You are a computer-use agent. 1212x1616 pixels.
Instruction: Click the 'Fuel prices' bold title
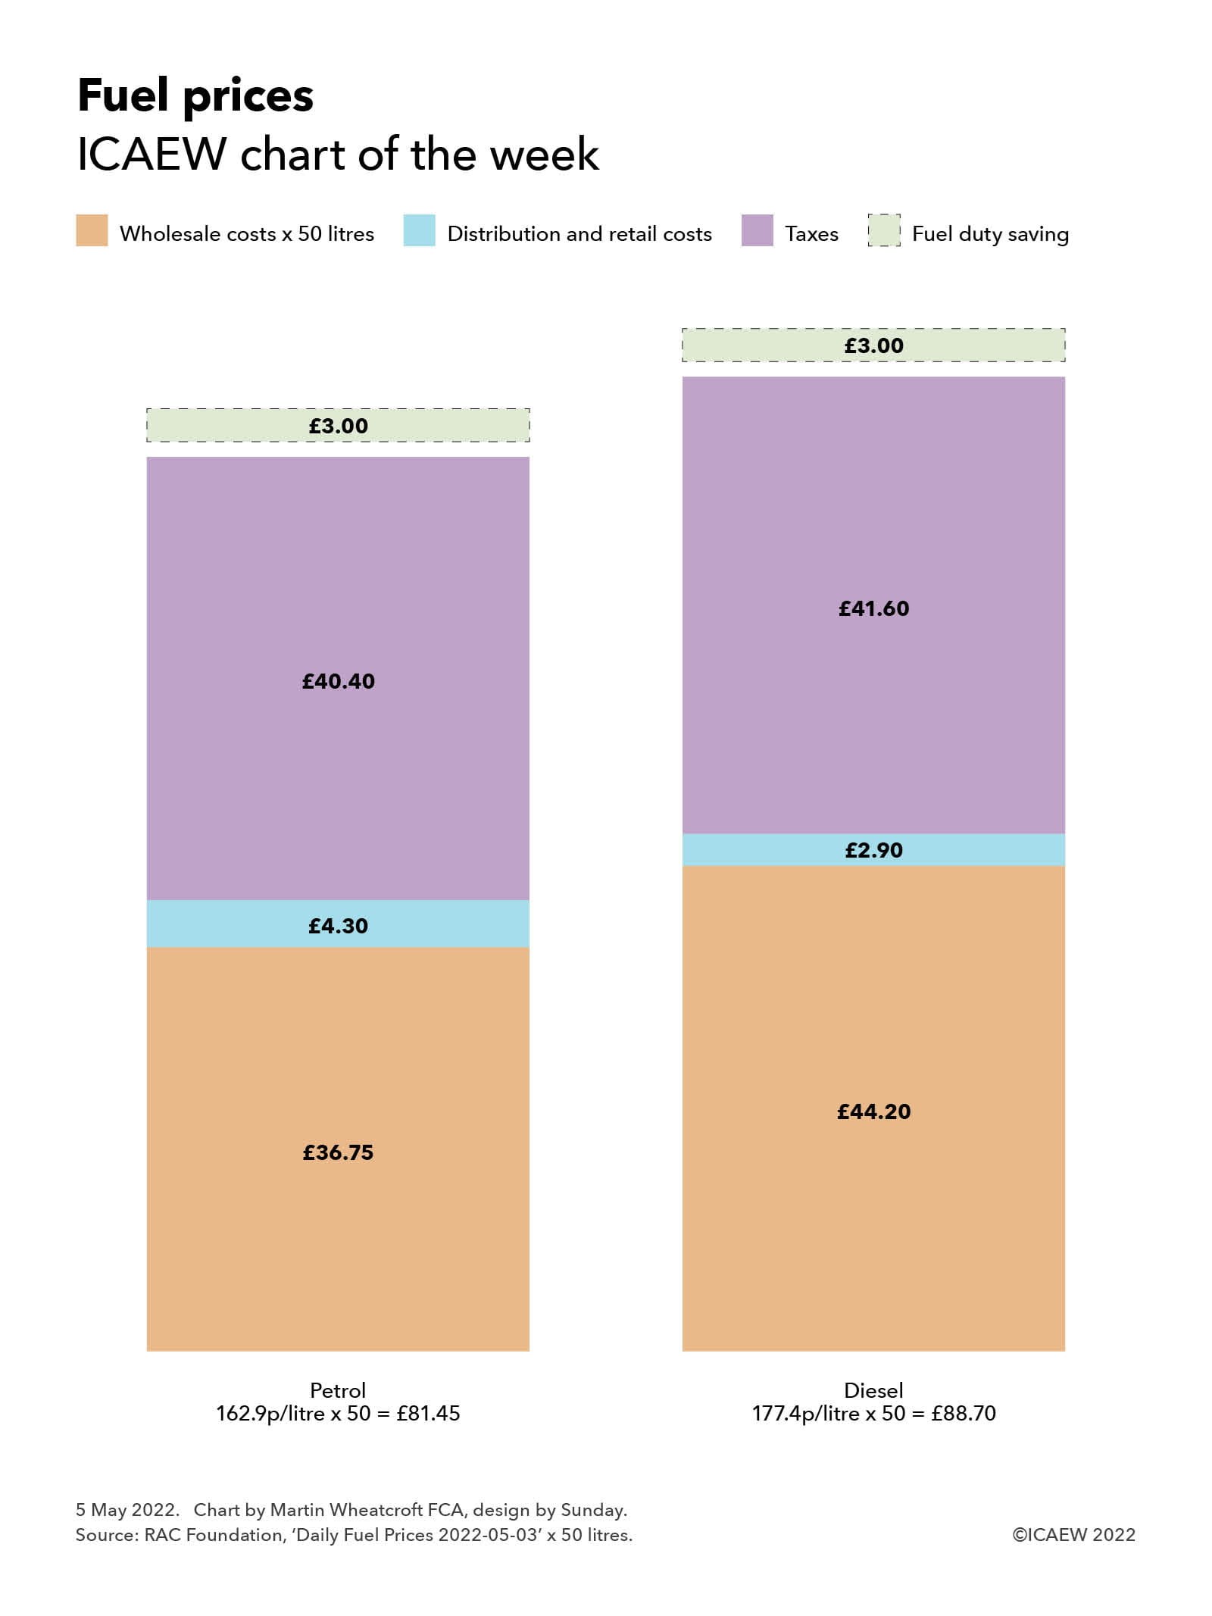click(195, 96)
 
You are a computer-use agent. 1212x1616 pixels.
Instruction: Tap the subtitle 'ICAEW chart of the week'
click(338, 155)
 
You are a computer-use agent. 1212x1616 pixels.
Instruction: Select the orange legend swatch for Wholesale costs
click(92, 231)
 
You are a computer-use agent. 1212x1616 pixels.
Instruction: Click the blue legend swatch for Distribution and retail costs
click(419, 231)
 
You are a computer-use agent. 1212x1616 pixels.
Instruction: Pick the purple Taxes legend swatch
click(757, 231)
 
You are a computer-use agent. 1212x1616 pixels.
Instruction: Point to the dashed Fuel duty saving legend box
click(884, 231)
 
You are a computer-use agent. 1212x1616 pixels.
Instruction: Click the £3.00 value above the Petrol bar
click(338, 426)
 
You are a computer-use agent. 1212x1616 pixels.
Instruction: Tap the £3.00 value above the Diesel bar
click(873, 345)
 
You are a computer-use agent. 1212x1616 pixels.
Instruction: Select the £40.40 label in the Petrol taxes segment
click(338, 681)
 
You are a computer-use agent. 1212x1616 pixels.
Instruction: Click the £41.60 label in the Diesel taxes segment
click(873, 608)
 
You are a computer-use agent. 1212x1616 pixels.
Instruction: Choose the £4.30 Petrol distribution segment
click(338, 925)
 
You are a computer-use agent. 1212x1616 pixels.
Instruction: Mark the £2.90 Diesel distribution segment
click(873, 850)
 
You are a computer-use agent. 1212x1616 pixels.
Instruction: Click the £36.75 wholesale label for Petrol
click(338, 1152)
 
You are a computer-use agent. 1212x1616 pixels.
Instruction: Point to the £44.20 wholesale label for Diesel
click(873, 1111)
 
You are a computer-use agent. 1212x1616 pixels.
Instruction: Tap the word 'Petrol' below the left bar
click(338, 1390)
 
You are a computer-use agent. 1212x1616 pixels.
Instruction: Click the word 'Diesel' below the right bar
click(873, 1390)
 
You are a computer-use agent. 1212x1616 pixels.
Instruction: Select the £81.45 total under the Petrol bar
click(429, 1414)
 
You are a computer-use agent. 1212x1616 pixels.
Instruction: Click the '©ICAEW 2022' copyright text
click(1073, 1535)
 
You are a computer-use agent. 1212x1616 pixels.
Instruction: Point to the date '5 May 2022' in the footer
click(127, 1510)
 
